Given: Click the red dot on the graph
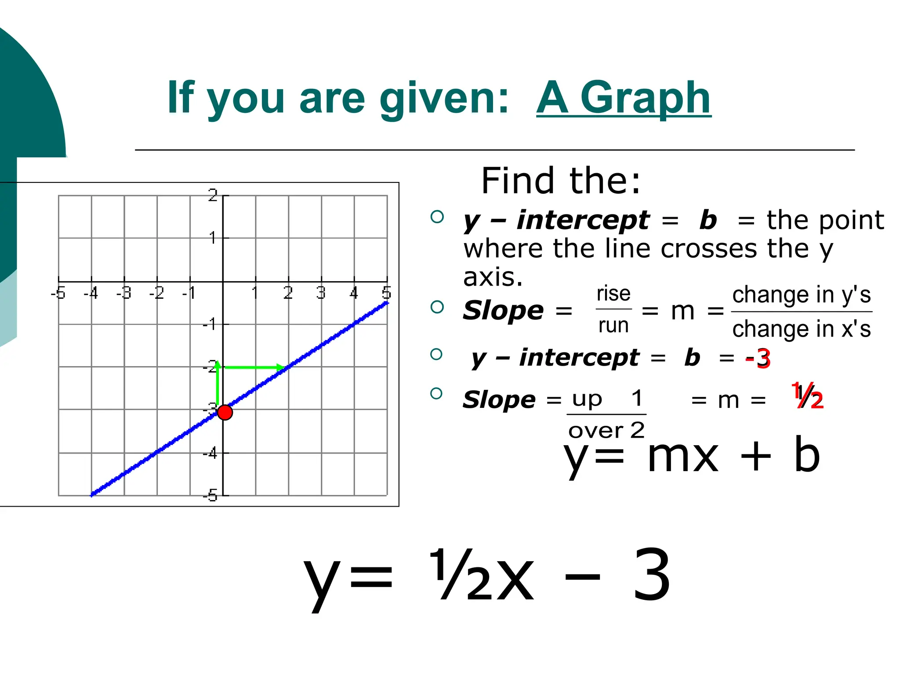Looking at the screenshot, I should pyautogui.click(x=225, y=413).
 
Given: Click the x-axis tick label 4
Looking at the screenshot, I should pyautogui.click(x=354, y=293).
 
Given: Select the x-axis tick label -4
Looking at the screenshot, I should pyautogui.click(x=91, y=293).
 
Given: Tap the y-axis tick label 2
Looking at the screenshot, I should pyautogui.click(x=213, y=195).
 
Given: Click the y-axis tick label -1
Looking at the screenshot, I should pyautogui.click(x=210, y=325).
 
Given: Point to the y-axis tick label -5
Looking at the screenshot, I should pyautogui.click(x=210, y=496).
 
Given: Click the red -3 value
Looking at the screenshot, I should pyautogui.click(x=758, y=359).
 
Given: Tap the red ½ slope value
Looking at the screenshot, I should pyautogui.click(x=808, y=397).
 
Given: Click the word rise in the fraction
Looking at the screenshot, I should pyautogui.click(x=613, y=294).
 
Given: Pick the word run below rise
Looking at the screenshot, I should pyautogui.click(x=613, y=326).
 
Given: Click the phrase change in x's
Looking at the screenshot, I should pyautogui.click(x=802, y=329).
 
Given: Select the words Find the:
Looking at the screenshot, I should pyautogui.click(x=561, y=181).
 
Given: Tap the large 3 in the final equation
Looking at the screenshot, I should pyautogui.click(x=652, y=576).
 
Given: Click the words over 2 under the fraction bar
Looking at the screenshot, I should pyautogui.click(x=606, y=430).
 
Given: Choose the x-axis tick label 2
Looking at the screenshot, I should pyautogui.click(x=288, y=293).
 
